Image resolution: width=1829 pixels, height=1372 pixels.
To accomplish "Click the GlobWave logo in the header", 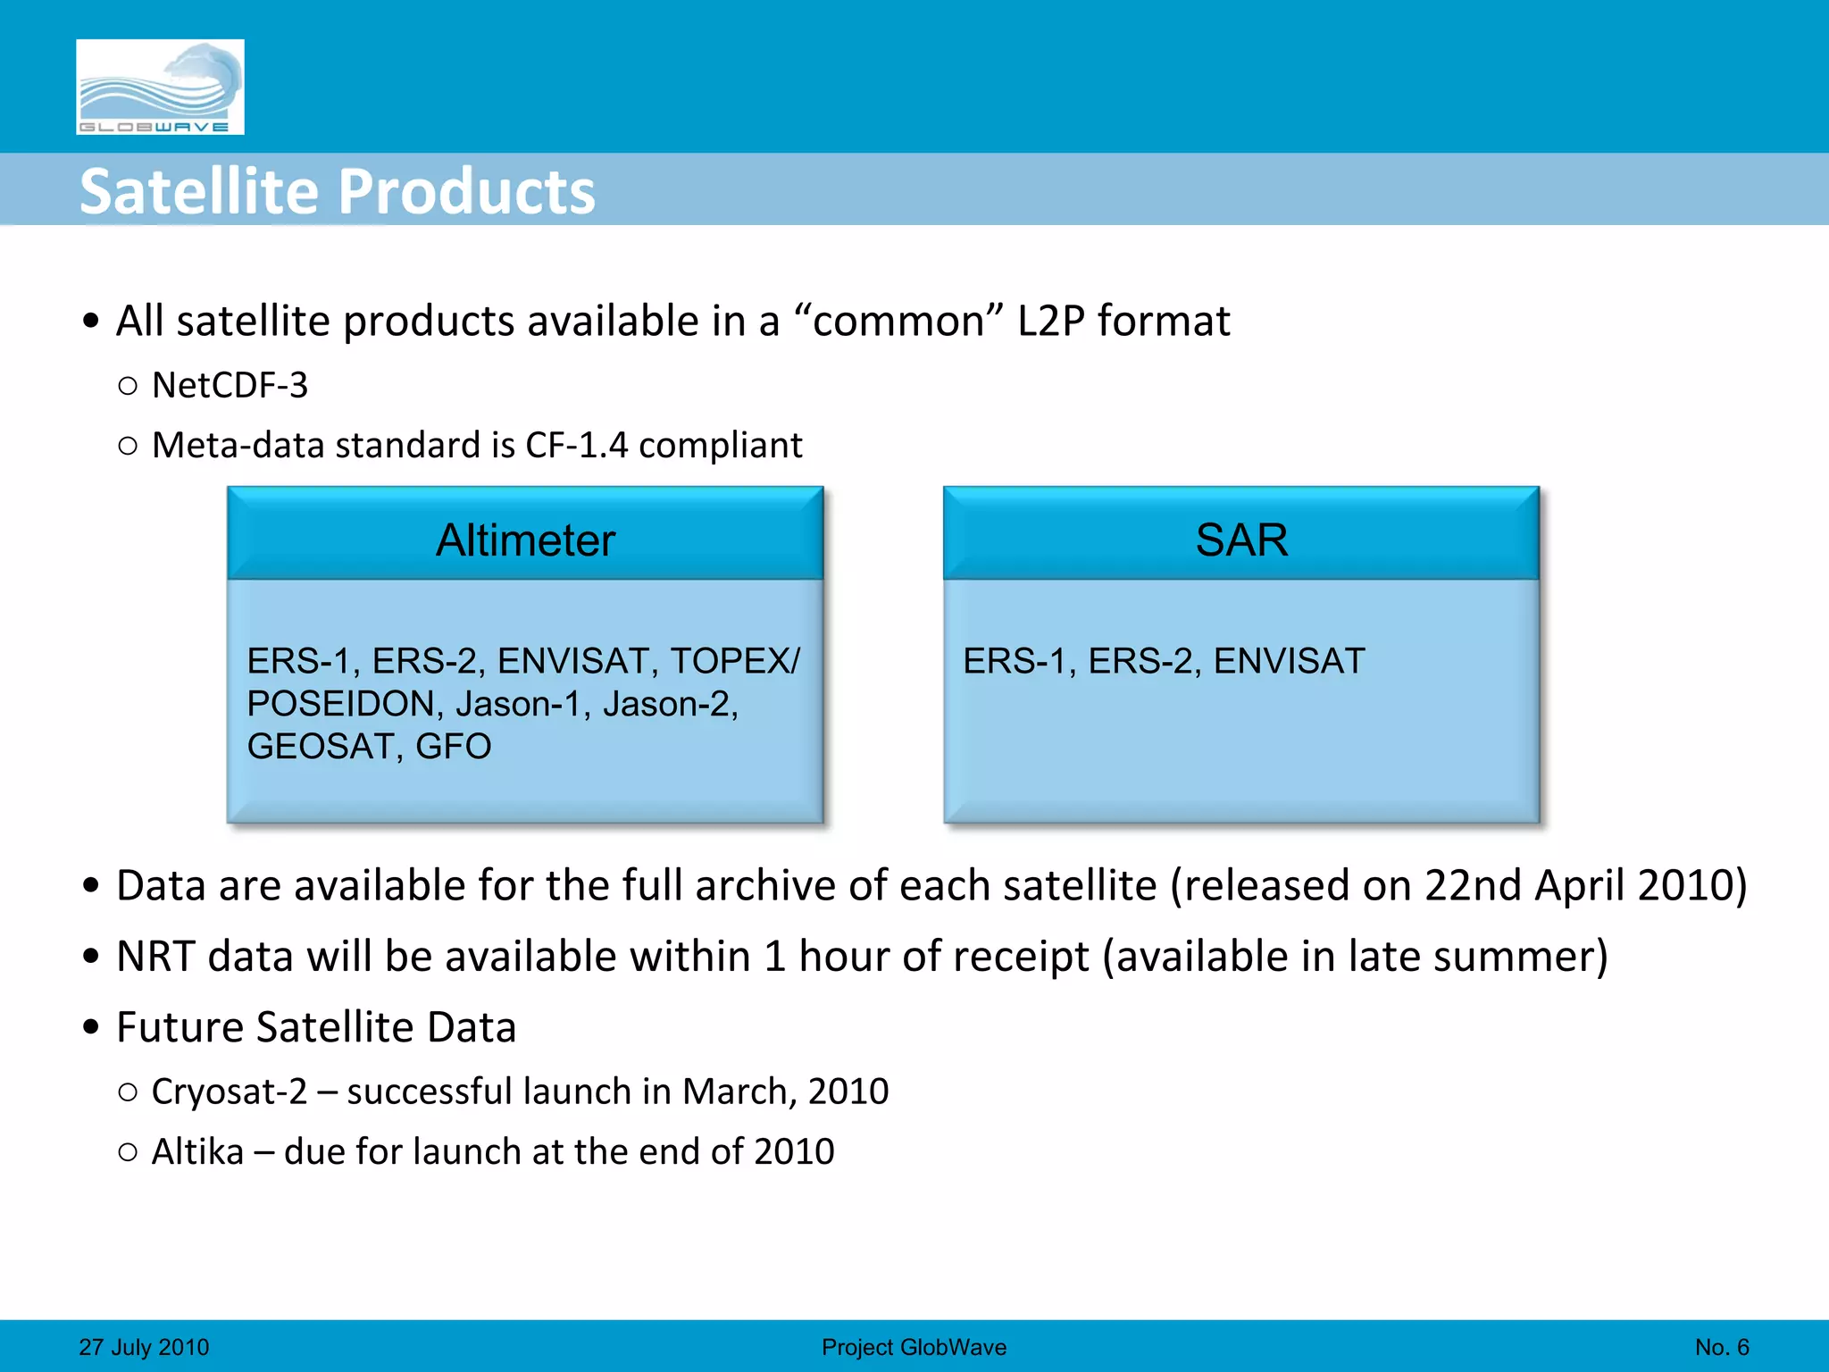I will tap(160, 87).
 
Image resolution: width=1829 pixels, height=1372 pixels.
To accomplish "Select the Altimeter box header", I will tap(525, 540).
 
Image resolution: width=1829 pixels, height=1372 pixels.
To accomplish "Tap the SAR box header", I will tap(1241, 540).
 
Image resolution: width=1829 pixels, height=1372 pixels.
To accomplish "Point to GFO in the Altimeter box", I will tap(453, 747).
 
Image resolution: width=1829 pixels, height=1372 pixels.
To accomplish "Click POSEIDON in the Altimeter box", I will tap(340, 704).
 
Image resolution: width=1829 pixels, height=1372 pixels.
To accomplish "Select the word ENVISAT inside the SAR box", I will tap(1289, 661).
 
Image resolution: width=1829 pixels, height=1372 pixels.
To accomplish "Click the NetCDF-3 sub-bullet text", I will tap(230, 386).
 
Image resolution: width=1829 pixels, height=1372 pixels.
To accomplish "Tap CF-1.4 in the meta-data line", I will tap(576, 445).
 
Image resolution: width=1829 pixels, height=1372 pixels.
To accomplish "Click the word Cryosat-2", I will tap(229, 1092).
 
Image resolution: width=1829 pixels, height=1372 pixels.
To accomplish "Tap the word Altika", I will tap(197, 1152).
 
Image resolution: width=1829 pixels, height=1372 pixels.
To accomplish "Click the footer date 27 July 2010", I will tap(144, 1347).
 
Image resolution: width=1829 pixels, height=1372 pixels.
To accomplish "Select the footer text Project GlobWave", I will tap(914, 1347).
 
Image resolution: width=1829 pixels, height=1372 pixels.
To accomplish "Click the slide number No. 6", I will tap(1722, 1347).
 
